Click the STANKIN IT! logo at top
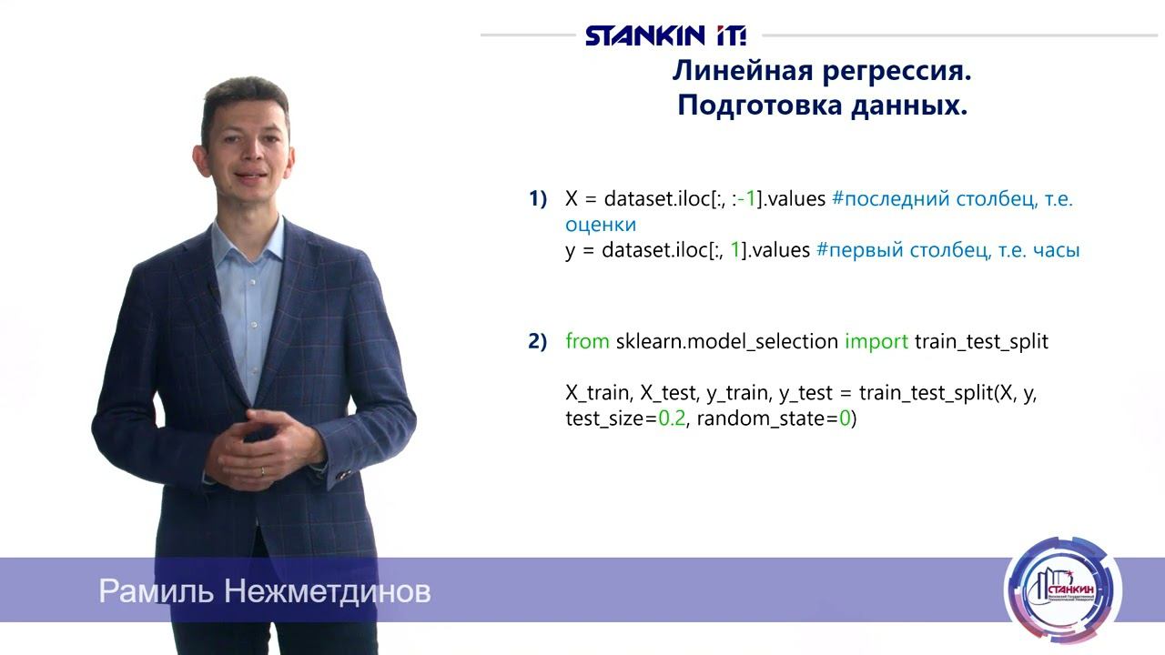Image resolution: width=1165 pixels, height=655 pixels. click(x=665, y=35)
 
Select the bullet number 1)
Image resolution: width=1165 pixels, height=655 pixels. click(x=538, y=199)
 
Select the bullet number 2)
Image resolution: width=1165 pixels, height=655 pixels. click(x=538, y=342)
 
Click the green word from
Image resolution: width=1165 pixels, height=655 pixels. click(x=587, y=342)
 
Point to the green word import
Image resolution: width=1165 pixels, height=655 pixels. click(x=876, y=342)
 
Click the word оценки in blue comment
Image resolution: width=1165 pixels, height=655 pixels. click(x=600, y=224)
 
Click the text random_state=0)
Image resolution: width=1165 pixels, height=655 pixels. click(x=776, y=419)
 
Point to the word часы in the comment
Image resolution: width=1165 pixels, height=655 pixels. click(x=1056, y=250)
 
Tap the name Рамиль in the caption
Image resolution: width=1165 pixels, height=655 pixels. click(x=157, y=592)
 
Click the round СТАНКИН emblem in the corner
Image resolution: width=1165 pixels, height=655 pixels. click(x=1062, y=590)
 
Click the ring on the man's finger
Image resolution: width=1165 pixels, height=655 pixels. click(x=263, y=471)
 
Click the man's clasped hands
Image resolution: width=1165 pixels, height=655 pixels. click(x=264, y=446)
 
